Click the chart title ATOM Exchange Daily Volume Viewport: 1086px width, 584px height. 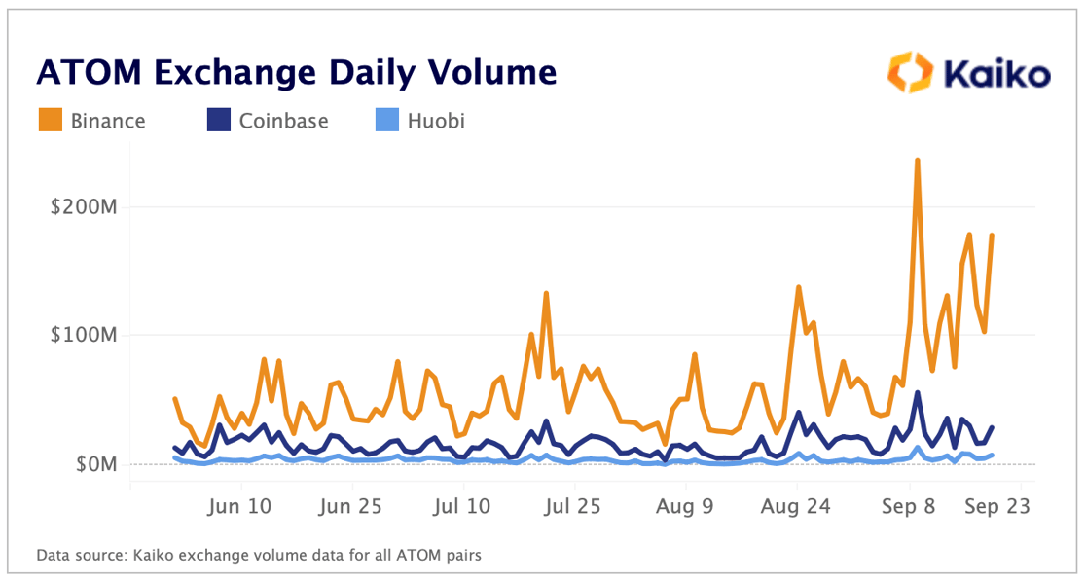tap(297, 73)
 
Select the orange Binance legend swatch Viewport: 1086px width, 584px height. tap(51, 121)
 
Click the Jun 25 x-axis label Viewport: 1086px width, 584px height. tap(350, 506)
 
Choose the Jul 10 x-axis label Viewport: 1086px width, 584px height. tap(463, 506)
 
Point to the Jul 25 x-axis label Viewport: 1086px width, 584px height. tap(573, 506)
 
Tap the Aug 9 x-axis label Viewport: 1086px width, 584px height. tap(685, 506)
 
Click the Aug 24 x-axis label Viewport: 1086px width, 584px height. tap(796, 506)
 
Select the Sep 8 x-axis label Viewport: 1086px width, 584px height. tap(909, 506)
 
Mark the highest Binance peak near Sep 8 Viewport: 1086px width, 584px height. tap(917, 160)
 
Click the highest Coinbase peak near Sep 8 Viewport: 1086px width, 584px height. tap(917, 393)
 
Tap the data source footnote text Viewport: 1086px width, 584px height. tap(259, 556)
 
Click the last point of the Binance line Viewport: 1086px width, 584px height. tap(992, 235)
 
